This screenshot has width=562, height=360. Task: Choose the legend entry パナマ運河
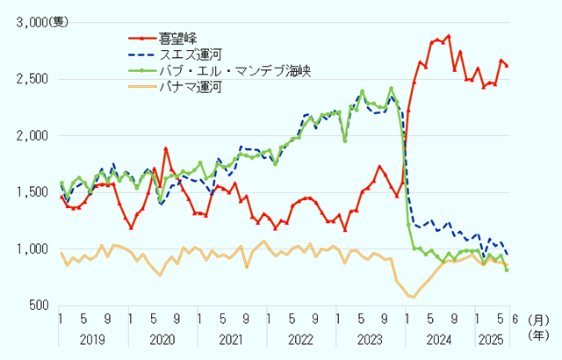click(187, 87)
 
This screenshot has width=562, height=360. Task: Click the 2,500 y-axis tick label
click(33, 79)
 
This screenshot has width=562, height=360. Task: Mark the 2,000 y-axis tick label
click(33, 136)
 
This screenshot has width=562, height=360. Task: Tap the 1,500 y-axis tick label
click(33, 192)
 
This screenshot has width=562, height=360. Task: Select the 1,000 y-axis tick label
click(33, 249)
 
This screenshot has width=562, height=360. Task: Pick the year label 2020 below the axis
click(162, 338)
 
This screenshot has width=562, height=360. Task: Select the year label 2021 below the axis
click(230, 338)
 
